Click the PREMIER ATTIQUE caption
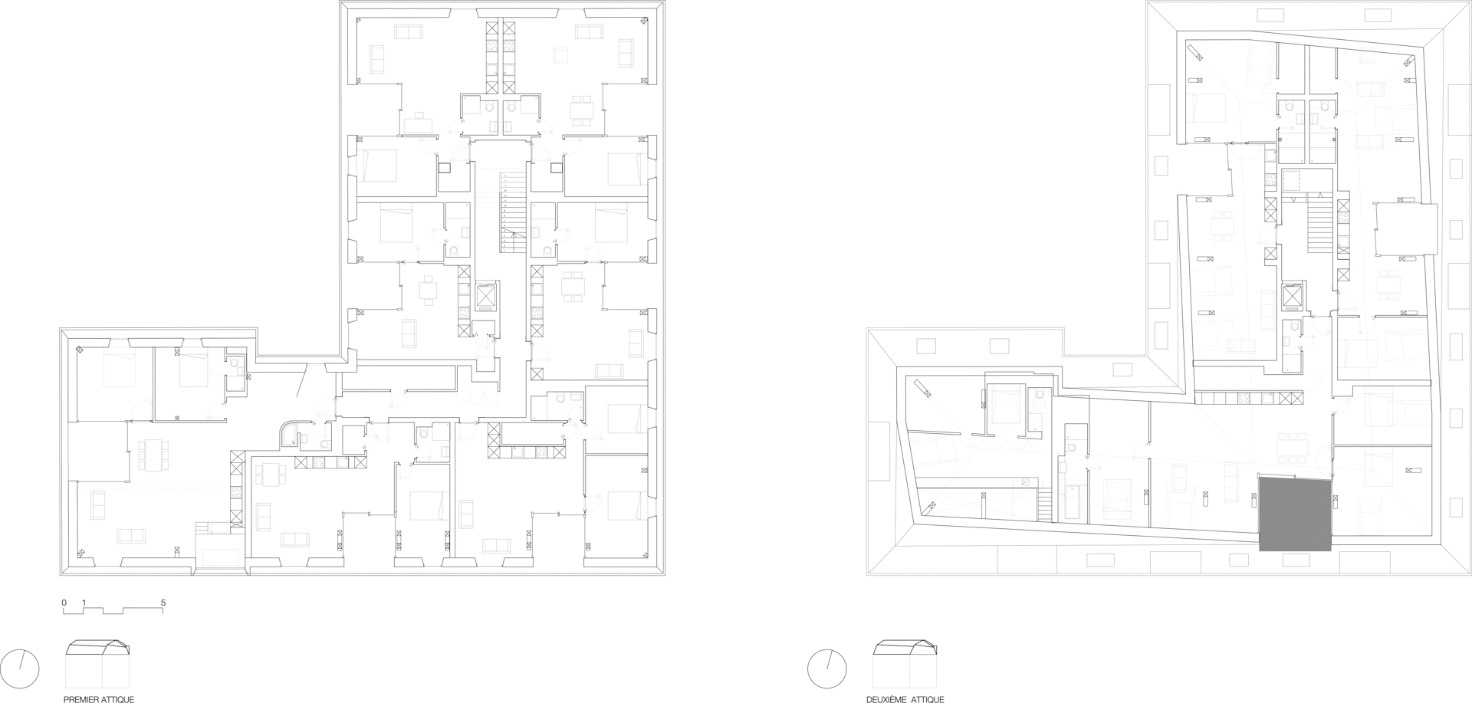(99, 699)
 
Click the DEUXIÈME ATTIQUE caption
(905, 699)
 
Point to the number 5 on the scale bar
(163, 603)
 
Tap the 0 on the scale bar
(64, 603)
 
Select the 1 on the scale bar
(84, 603)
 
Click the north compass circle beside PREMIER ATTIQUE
(20, 669)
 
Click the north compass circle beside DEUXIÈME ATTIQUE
(826, 669)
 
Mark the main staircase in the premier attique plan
(511, 213)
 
